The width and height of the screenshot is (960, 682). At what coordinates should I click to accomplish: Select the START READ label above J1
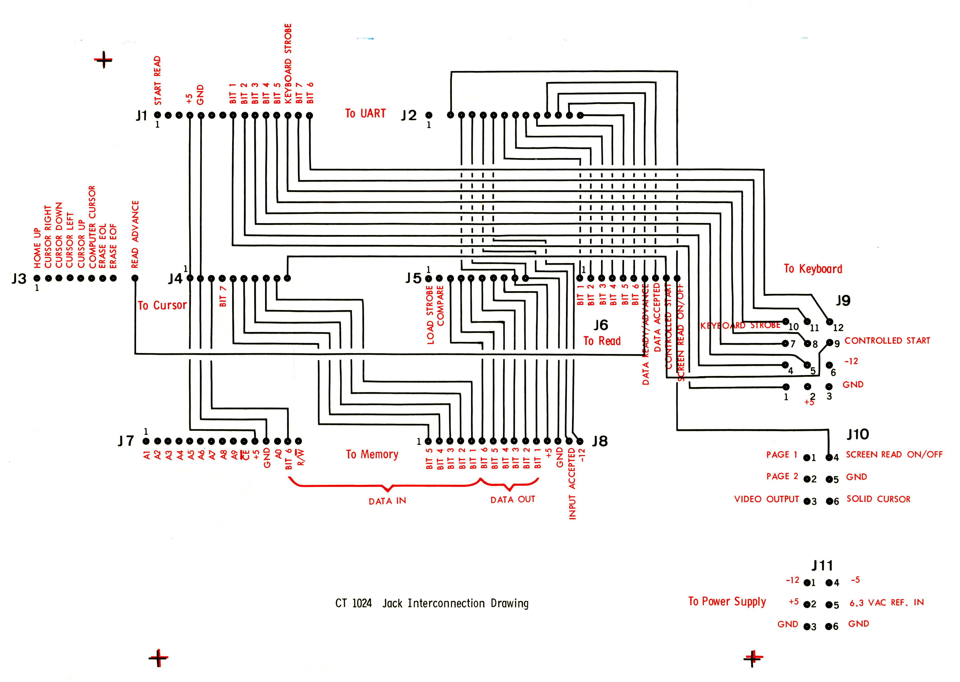pyautogui.click(x=158, y=81)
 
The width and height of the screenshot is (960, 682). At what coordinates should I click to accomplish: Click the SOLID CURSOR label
pyautogui.click(x=878, y=499)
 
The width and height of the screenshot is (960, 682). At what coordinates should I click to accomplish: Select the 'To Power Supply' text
pyautogui.click(x=727, y=601)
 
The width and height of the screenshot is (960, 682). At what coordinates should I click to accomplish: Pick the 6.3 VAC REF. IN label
pyautogui.click(x=887, y=603)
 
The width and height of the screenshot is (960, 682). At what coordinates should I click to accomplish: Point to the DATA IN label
pyautogui.click(x=387, y=501)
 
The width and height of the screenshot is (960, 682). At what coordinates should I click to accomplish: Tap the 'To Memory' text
pyautogui.click(x=372, y=454)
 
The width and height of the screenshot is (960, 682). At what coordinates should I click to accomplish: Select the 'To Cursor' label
pyautogui.click(x=162, y=305)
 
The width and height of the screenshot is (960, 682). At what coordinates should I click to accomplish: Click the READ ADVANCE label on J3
pyautogui.click(x=135, y=234)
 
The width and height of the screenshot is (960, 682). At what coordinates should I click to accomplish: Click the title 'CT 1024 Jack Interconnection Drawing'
pyautogui.click(x=432, y=604)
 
